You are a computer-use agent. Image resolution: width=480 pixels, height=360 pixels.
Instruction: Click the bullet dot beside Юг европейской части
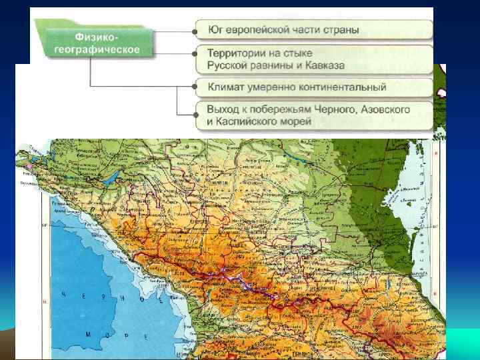tap(195, 30)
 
